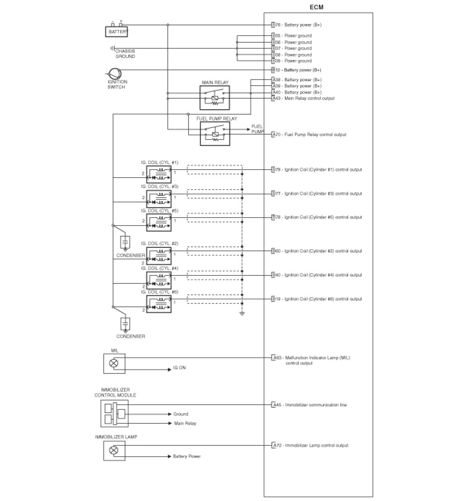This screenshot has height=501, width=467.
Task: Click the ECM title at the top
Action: click(318, 7)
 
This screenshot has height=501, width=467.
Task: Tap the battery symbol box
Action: click(116, 32)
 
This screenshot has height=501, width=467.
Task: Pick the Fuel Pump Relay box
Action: click(215, 133)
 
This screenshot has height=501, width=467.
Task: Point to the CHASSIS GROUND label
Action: click(125, 54)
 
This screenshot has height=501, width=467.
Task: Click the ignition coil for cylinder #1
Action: click(159, 173)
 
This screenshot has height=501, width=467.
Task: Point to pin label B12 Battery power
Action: click(296, 70)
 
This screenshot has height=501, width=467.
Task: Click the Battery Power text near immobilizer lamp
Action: click(187, 457)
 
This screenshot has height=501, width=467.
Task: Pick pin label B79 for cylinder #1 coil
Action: click(317, 169)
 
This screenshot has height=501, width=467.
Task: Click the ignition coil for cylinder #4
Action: click(159, 278)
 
